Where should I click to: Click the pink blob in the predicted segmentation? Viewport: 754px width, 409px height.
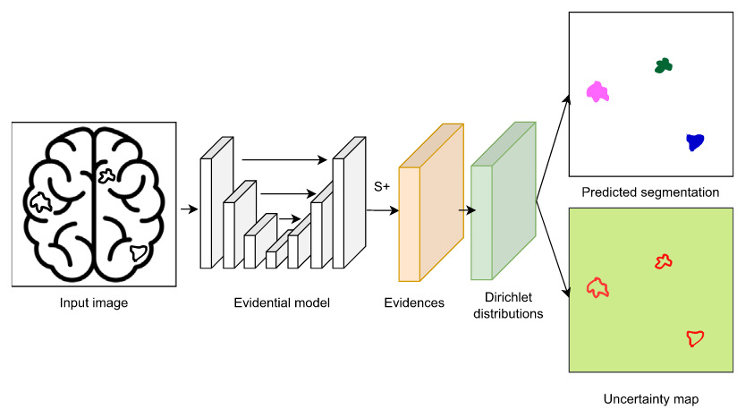597,91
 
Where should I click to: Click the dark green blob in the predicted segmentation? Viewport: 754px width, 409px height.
663,65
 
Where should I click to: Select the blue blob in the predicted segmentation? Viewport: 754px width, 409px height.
694,141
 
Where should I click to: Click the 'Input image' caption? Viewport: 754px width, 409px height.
93,303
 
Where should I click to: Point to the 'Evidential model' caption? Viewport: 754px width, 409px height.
284,303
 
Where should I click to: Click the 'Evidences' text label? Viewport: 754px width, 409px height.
414,303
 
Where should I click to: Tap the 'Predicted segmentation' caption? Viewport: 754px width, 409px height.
650,192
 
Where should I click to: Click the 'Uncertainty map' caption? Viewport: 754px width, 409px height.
650,399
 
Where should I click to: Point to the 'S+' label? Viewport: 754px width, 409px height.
382,187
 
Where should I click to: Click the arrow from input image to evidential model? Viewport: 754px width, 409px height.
188,210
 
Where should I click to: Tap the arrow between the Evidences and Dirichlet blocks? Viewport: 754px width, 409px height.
466,212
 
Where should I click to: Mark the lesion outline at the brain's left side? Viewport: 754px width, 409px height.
40,202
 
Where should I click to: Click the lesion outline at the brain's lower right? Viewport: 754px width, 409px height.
138,253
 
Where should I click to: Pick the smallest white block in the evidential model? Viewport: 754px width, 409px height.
271,260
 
